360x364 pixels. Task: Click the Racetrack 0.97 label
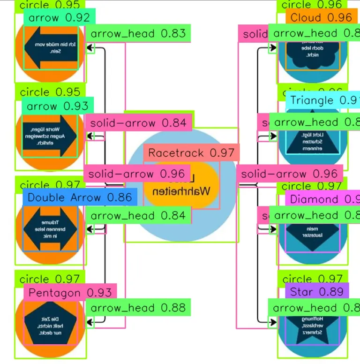pyautogui.click(x=191, y=153)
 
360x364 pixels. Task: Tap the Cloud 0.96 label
pyautogui.click(x=321, y=18)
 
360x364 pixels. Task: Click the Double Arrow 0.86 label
pyautogui.click(x=80, y=197)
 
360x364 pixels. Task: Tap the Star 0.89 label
pyautogui.click(x=317, y=292)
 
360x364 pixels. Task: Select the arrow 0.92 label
pyautogui.click(x=59, y=18)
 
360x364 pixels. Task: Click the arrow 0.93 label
pyautogui.click(x=58, y=106)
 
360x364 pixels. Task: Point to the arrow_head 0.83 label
pyautogui.click(x=138, y=34)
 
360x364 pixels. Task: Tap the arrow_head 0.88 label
pyautogui.click(x=138, y=308)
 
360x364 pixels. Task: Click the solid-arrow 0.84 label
pyautogui.click(x=139, y=123)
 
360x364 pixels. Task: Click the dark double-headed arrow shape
pyautogui.click(x=50, y=230)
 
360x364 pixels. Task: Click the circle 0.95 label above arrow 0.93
pyautogui.click(x=50, y=92)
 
